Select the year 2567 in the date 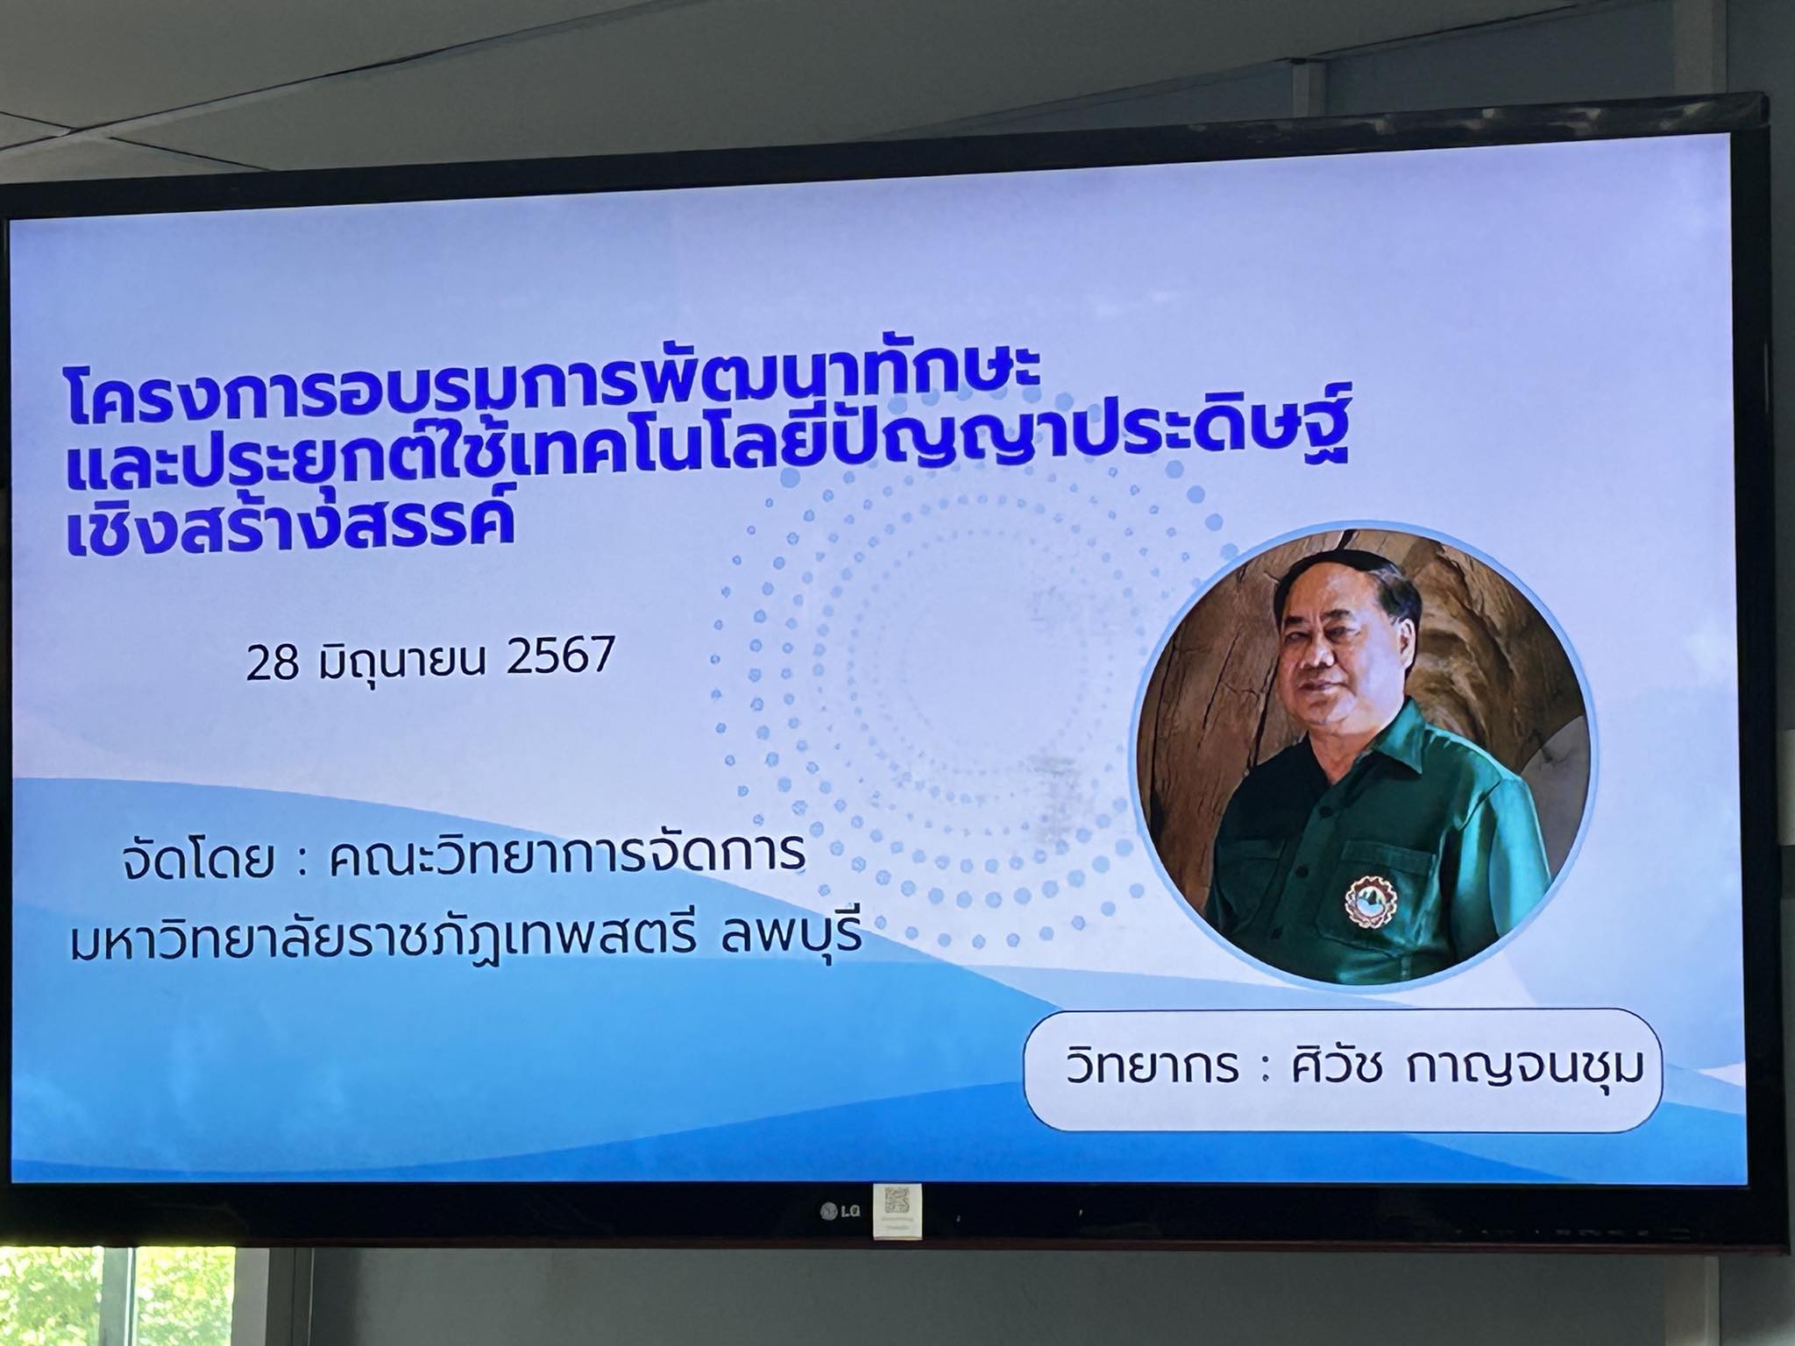click(x=561, y=657)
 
